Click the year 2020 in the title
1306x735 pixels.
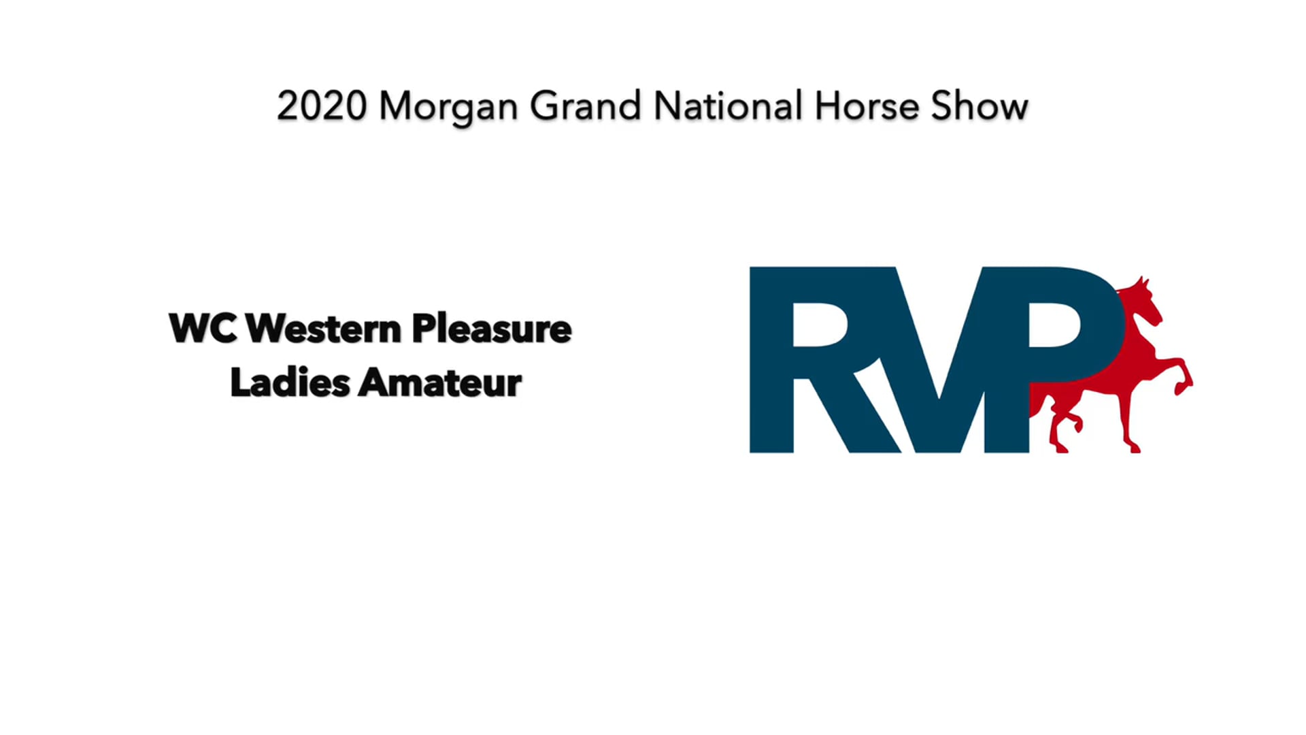[x=322, y=107]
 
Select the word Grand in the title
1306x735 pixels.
[x=585, y=107]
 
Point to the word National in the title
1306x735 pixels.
[x=727, y=107]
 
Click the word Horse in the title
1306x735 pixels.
[x=867, y=107]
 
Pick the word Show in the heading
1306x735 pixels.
[x=979, y=107]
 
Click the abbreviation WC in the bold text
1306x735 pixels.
[x=203, y=329]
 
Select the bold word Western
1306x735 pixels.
[x=323, y=329]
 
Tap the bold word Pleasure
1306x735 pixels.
[x=491, y=329]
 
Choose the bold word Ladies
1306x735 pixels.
[x=290, y=382]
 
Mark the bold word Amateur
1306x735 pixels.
[x=440, y=382]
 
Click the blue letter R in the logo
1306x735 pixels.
[x=809, y=359]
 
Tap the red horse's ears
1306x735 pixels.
[x=1143, y=280]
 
